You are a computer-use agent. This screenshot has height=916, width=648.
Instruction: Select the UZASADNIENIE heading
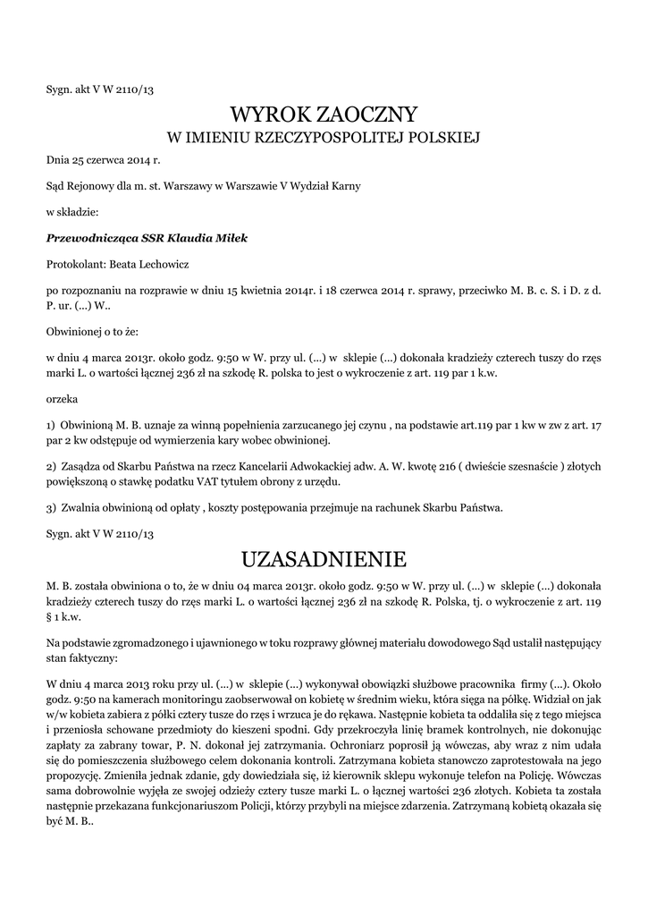pyautogui.click(x=324, y=559)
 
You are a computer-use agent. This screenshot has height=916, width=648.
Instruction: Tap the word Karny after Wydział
pyautogui.click(x=344, y=186)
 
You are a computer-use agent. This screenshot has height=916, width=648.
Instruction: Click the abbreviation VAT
pyautogui.click(x=220, y=481)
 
